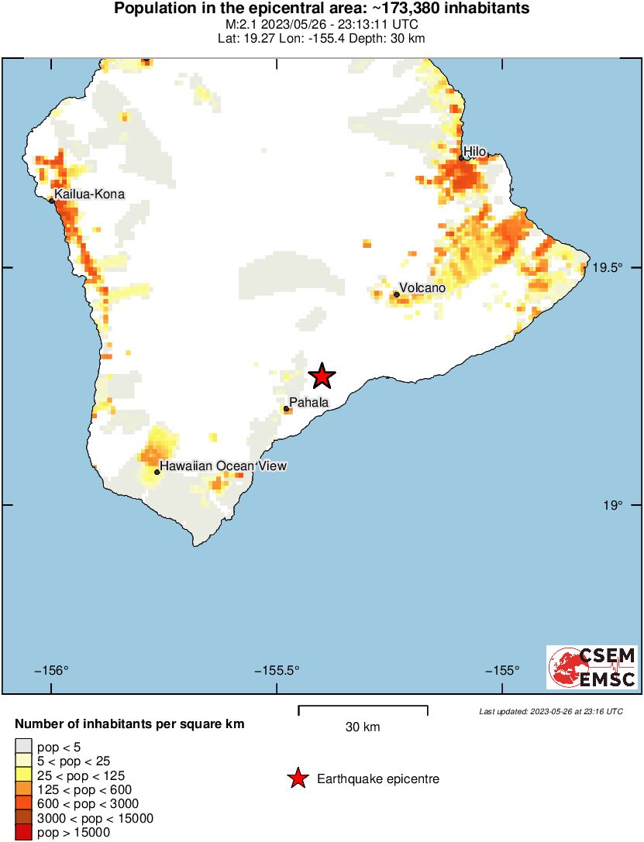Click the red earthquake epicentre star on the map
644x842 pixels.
[322, 376]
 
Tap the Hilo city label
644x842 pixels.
[475, 152]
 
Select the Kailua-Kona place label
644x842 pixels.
[89, 194]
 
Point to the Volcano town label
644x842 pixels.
[422, 288]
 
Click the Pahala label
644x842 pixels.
[309, 402]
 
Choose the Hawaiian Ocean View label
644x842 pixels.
[223, 466]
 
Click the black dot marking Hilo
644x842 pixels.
[461, 158]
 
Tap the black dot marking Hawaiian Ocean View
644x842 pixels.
[157, 472]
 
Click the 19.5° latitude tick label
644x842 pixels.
[608, 268]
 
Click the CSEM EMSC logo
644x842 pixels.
[592, 668]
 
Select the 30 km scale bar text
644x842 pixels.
[363, 727]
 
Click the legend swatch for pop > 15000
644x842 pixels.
[23, 833]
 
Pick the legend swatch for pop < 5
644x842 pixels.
[23, 747]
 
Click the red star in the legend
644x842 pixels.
[297, 779]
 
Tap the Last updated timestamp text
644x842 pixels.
[550, 711]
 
